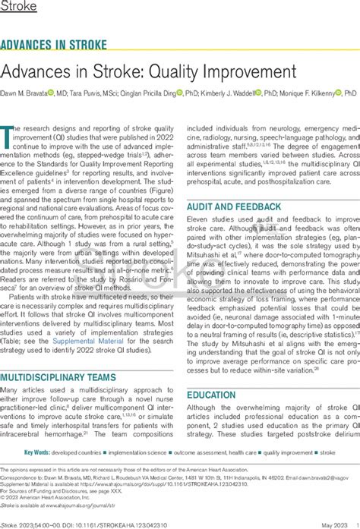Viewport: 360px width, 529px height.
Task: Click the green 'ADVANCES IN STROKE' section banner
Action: coord(54,44)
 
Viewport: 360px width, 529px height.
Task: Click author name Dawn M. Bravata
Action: coord(28,93)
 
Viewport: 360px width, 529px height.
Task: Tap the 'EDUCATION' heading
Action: coord(210,395)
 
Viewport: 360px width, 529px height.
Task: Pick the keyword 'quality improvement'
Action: coord(288,453)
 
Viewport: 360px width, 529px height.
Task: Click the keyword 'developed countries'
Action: coord(93,453)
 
